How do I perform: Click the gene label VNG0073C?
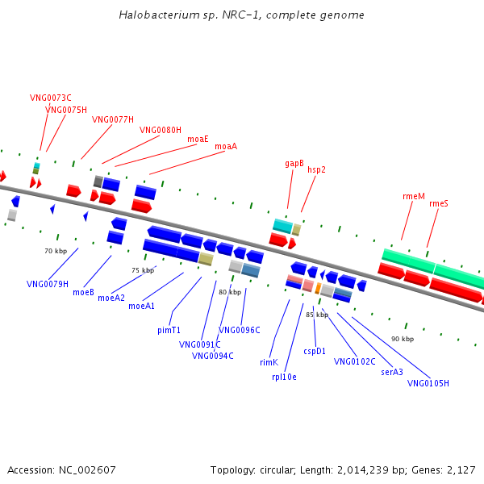[51, 98]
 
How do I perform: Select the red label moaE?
[198, 139]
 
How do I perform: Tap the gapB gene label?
[294, 163]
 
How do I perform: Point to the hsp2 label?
[316, 169]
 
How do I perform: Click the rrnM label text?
[413, 196]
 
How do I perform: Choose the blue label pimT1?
[169, 330]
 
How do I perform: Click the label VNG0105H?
[428, 382]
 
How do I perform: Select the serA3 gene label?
[392, 372]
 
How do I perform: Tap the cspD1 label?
[315, 351]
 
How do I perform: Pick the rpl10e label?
[284, 376]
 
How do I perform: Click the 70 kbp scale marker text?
[55, 252]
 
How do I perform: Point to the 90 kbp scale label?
[402, 339]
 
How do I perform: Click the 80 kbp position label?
[230, 292]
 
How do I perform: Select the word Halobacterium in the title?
[153, 15]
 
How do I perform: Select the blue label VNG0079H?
[48, 283]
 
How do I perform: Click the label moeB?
[83, 292]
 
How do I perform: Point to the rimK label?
[269, 362]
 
